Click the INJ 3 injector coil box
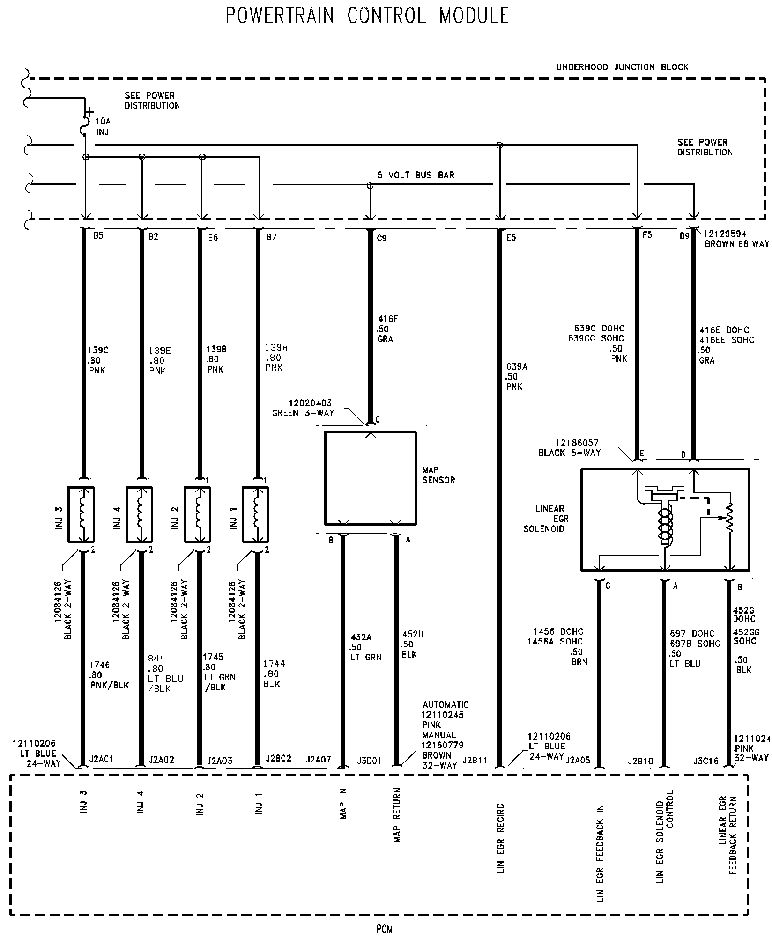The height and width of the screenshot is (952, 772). [82, 515]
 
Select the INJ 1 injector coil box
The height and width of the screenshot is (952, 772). [255, 515]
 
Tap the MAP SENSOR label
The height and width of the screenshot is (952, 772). [438, 475]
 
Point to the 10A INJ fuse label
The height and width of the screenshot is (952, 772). [103, 126]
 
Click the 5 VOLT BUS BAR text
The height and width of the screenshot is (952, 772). [416, 175]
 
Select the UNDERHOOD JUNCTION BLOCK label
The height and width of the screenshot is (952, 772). [622, 67]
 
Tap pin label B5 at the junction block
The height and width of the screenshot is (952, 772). [98, 236]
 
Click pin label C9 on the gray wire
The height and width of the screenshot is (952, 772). [382, 238]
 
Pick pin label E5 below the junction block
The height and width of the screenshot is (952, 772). [511, 238]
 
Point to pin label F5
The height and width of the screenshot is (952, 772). [647, 235]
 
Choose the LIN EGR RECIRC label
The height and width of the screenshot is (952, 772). [501, 838]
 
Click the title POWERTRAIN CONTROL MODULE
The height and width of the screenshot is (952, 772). [367, 15]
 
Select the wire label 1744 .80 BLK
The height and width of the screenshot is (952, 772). [274, 674]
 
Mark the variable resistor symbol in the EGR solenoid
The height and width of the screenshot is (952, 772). [729, 518]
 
